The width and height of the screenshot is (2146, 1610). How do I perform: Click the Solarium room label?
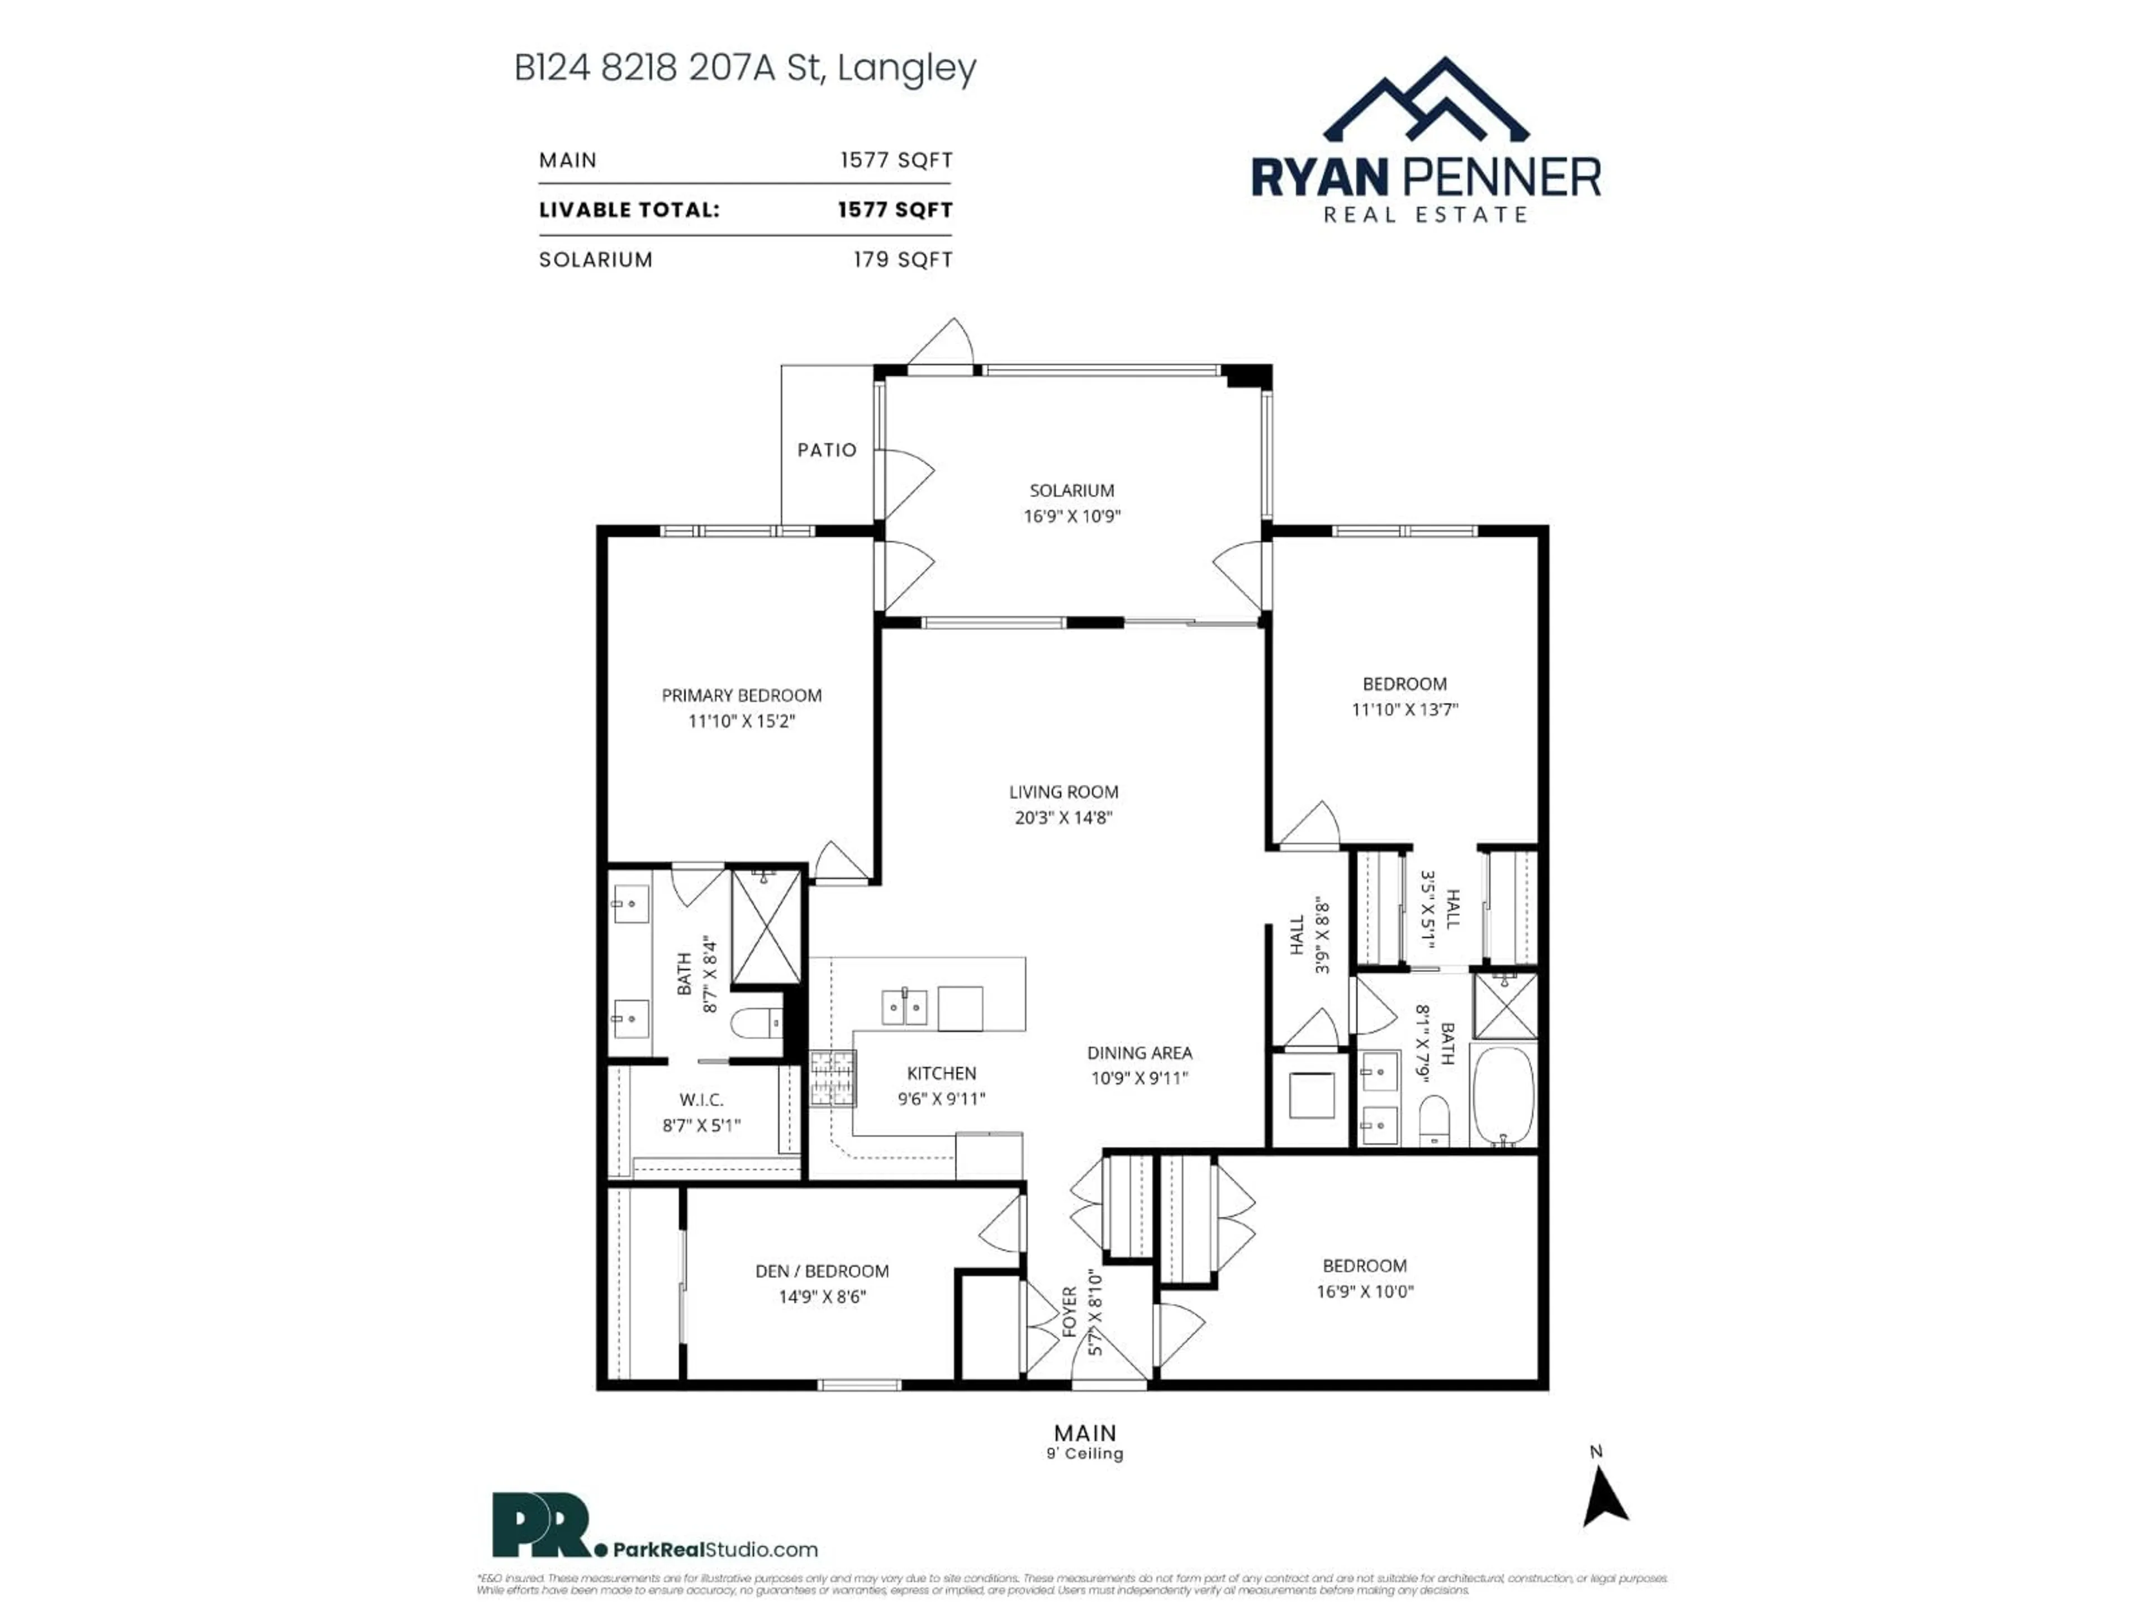click(x=1071, y=490)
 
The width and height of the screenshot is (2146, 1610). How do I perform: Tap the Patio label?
click(x=827, y=449)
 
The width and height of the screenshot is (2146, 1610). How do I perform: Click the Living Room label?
click(x=1063, y=792)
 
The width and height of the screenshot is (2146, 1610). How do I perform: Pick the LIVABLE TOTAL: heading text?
click(x=629, y=210)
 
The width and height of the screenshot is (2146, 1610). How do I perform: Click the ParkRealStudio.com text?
click(x=714, y=1550)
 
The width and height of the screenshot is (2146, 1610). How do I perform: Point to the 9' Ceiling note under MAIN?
click(x=1085, y=1454)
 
